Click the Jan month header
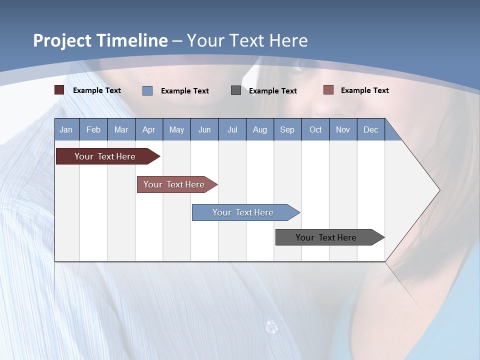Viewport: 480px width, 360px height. [x=66, y=129]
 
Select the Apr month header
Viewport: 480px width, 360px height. [x=148, y=129]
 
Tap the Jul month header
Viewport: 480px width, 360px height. [x=232, y=129]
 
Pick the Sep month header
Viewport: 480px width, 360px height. [x=287, y=129]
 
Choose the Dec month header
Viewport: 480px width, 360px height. [x=370, y=129]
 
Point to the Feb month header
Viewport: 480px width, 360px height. [x=93, y=129]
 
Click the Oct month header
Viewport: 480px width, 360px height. [x=315, y=129]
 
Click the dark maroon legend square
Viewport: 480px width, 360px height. [x=59, y=90]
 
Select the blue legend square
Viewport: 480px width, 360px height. [x=147, y=90]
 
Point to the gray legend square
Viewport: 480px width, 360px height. [x=236, y=90]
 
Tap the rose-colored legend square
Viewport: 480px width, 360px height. [x=328, y=90]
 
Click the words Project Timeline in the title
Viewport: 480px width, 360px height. [x=100, y=40]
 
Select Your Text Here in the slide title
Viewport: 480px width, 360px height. [x=247, y=40]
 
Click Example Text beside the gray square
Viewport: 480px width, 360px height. [x=272, y=90]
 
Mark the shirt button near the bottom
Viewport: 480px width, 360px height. [x=271, y=327]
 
